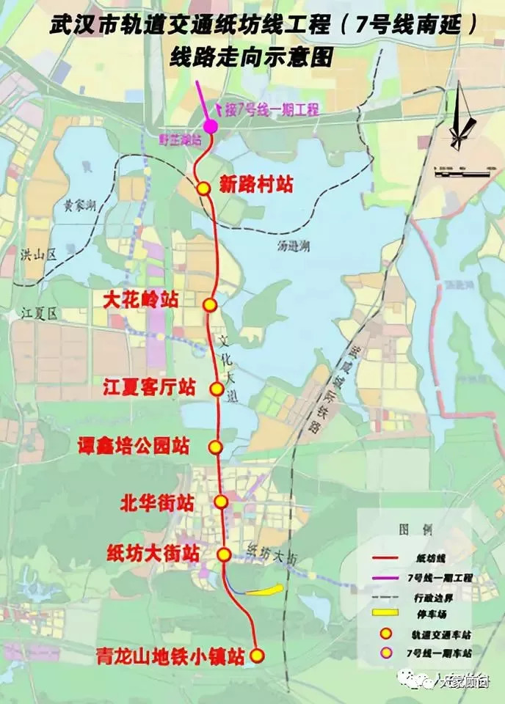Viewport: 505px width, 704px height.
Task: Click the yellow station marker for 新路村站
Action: [x=203, y=188]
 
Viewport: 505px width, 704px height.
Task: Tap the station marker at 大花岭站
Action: [x=210, y=305]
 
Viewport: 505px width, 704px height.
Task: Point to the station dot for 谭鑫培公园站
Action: [x=214, y=447]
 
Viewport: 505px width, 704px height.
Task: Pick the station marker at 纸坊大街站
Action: [x=225, y=554]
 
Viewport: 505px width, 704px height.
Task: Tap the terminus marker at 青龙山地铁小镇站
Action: [x=257, y=655]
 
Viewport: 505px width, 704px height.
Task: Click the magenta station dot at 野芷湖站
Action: [x=210, y=126]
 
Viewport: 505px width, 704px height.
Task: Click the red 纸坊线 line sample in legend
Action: [x=387, y=560]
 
